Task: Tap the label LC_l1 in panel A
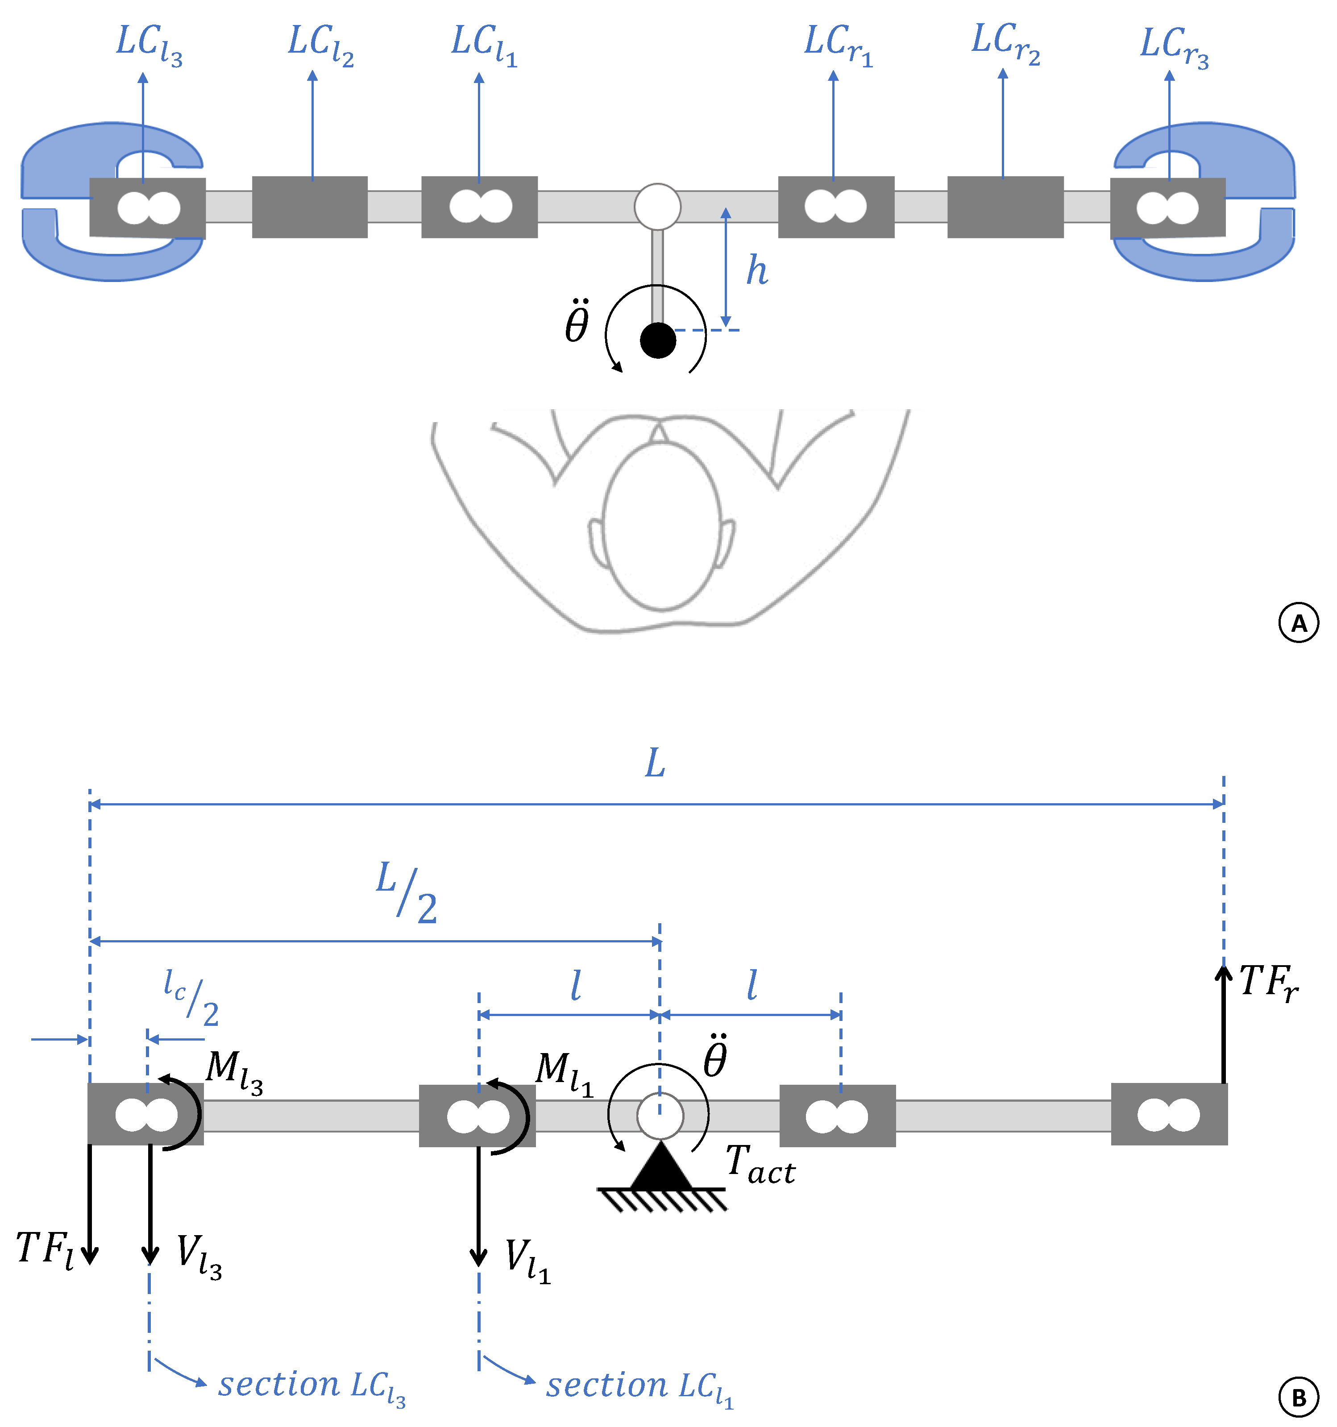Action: pos(484,45)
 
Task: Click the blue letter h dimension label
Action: pos(757,270)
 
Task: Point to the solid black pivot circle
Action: pos(658,340)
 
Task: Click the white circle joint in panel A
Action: pos(657,207)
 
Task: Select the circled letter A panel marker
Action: pos(1298,623)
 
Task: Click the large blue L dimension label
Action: pos(655,763)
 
